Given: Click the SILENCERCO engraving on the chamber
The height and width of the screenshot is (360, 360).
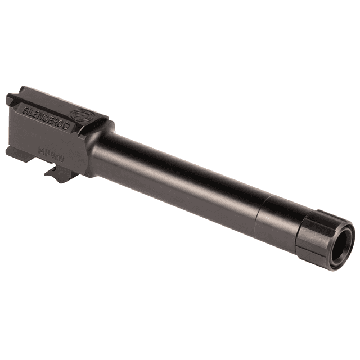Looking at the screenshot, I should pyautogui.click(x=47, y=118).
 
